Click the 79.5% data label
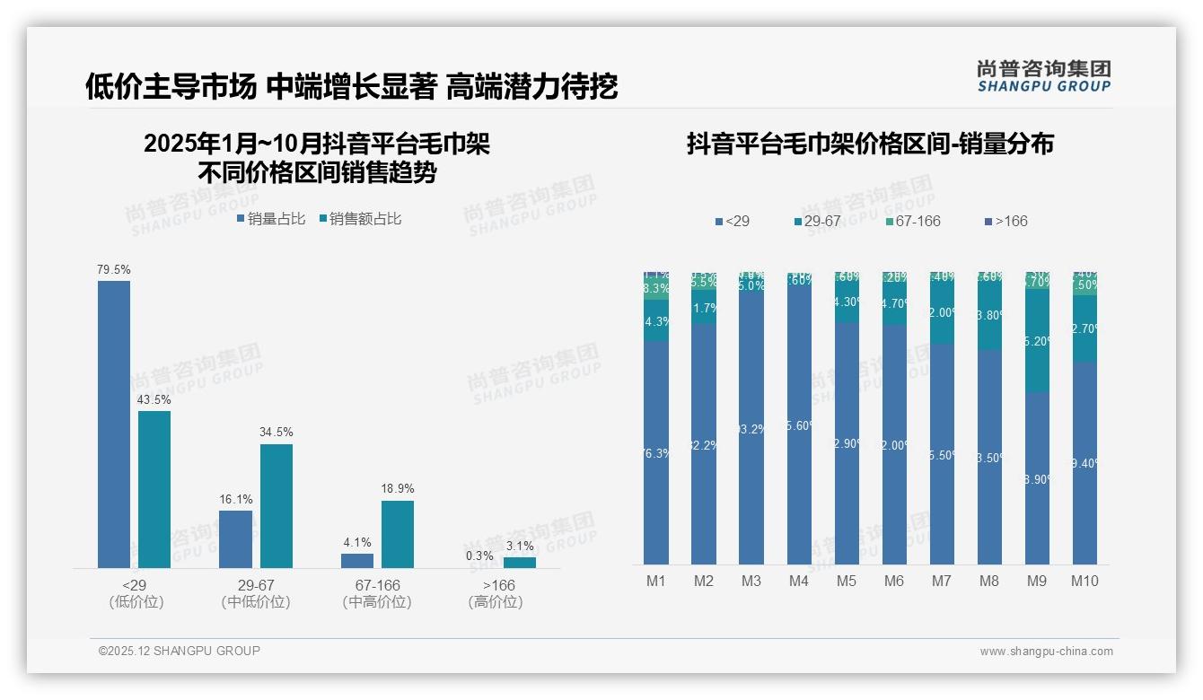(114, 269)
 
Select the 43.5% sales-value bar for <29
(154, 489)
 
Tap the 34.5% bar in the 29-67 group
(277, 505)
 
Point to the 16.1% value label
(236, 499)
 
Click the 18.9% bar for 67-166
(398, 533)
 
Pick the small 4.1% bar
(357, 560)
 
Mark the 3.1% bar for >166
(519, 563)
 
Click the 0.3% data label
(479, 556)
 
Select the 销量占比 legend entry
(271, 219)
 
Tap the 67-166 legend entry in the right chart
(912, 221)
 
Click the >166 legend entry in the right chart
(1006, 221)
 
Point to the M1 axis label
(656, 581)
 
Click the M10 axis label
(1084, 581)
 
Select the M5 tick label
(847, 581)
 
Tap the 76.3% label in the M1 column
(656, 453)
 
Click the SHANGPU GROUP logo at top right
(1044, 75)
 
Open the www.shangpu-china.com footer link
(1046, 652)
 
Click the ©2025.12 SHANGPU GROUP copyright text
(180, 651)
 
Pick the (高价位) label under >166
(496, 602)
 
